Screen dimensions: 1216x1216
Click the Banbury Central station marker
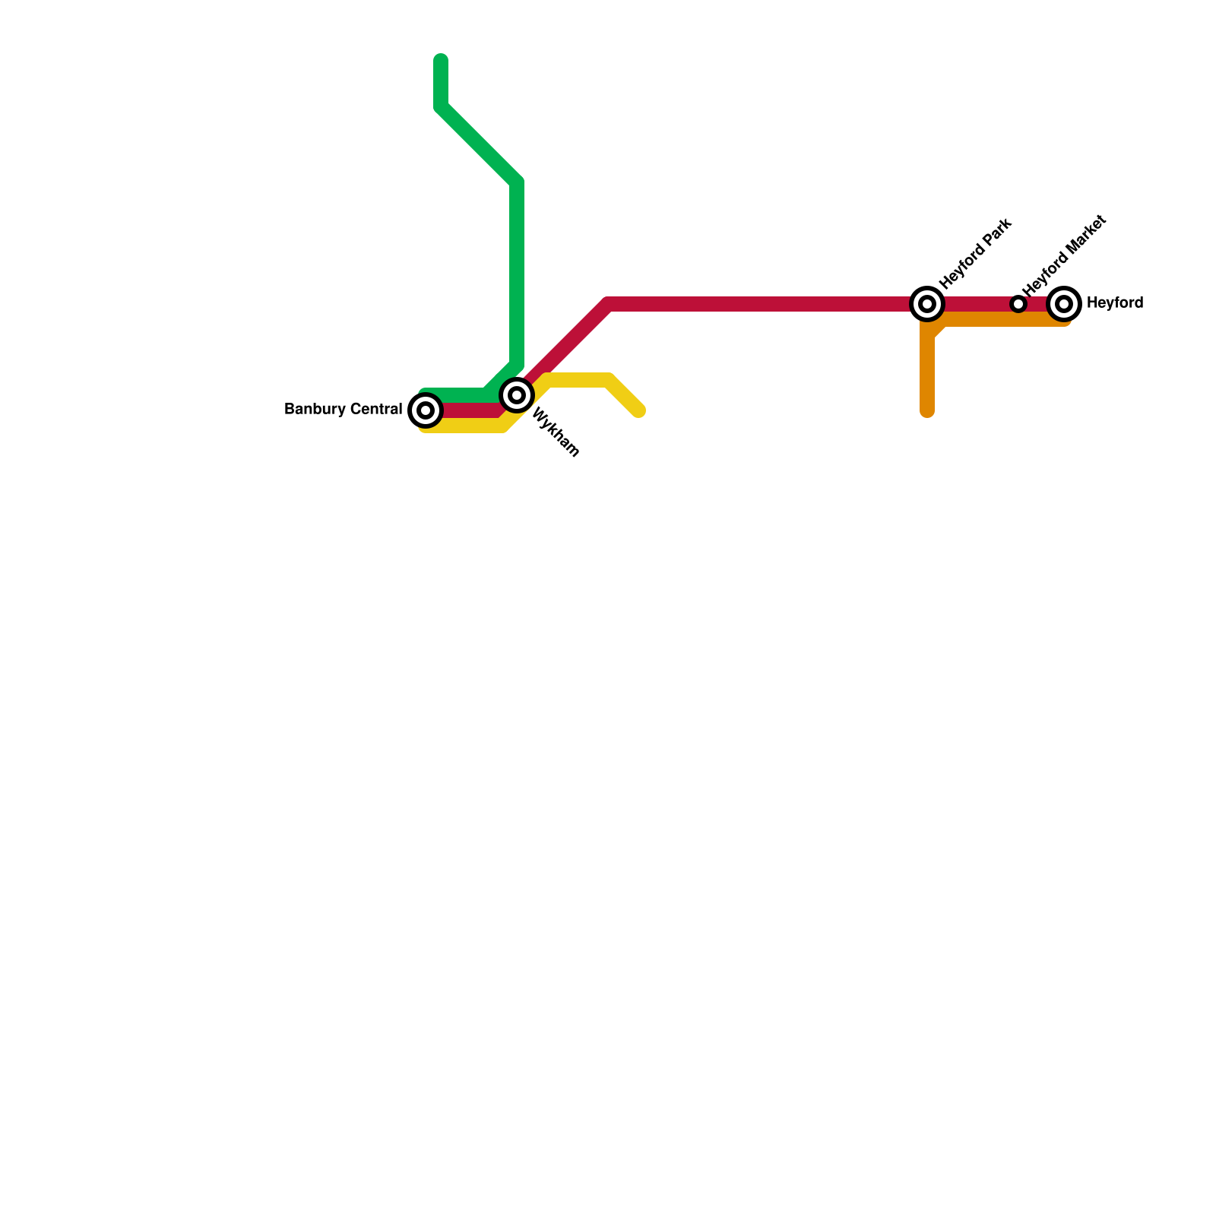pyautogui.click(x=426, y=410)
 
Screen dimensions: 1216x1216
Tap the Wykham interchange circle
pyautogui.click(x=517, y=395)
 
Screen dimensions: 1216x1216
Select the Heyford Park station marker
pyautogui.click(x=927, y=304)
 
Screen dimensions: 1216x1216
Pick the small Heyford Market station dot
pyautogui.click(x=1018, y=304)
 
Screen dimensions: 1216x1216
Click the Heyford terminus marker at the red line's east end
pyautogui.click(x=1064, y=304)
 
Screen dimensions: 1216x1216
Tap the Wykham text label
pyautogui.click(x=556, y=433)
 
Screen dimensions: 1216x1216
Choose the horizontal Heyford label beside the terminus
pyautogui.click(x=1114, y=303)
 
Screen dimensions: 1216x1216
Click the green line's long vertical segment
pyautogui.click(x=517, y=274)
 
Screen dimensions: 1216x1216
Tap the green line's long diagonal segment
pyautogui.click(x=479, y=144)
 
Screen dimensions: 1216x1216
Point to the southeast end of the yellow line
pyautogui.click(x=639, y=411)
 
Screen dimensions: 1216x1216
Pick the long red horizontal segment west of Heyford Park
pyautogui.click(x=760, y=305)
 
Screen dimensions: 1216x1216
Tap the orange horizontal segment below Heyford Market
pyautogui.click(x=1003, y=320)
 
